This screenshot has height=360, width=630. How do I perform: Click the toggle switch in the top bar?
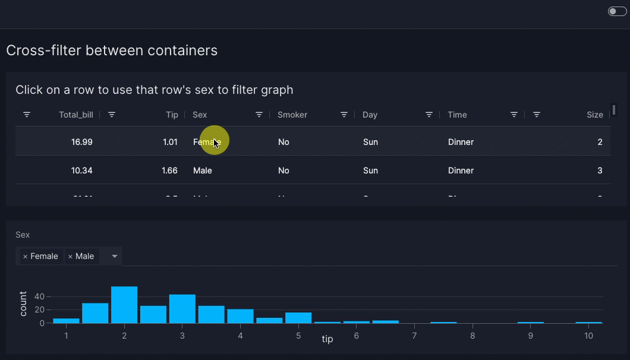617,11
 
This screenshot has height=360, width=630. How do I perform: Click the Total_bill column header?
76,115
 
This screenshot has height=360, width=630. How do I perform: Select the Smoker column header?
292,115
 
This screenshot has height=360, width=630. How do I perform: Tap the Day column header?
370,115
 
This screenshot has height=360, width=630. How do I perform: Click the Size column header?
594,115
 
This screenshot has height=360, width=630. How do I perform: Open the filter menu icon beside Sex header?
259,115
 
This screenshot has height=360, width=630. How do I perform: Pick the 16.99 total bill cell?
81,142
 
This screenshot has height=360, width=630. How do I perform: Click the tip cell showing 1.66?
169,170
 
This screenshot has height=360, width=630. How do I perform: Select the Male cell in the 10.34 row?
203,170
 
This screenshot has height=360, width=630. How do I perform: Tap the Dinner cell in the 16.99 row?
461,142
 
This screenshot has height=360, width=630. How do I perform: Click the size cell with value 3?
600,170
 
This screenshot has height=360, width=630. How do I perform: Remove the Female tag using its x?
25,257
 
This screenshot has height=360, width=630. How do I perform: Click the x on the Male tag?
70,257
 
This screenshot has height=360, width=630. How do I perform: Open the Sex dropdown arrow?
115,257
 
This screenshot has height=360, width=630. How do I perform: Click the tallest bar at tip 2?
124,305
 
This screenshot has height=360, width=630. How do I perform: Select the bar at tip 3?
182,308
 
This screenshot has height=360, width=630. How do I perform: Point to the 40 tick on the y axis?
40,296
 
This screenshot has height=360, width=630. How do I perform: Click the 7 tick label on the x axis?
414,336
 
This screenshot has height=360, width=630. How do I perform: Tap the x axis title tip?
327,339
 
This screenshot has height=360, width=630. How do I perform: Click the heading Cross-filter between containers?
112,50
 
